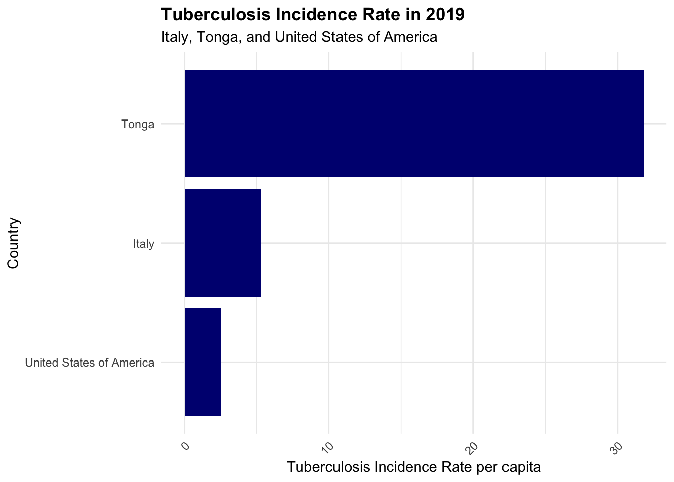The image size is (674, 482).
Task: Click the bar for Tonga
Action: point(414,124)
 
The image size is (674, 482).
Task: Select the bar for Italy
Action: point(223,243)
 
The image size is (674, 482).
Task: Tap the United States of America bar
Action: point(203,362)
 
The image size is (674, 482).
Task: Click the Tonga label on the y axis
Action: point(138,124)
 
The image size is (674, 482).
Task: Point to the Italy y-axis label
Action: point(144,244)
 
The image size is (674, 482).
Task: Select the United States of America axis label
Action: point(90,363)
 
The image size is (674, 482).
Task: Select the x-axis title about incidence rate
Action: point(414,467)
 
